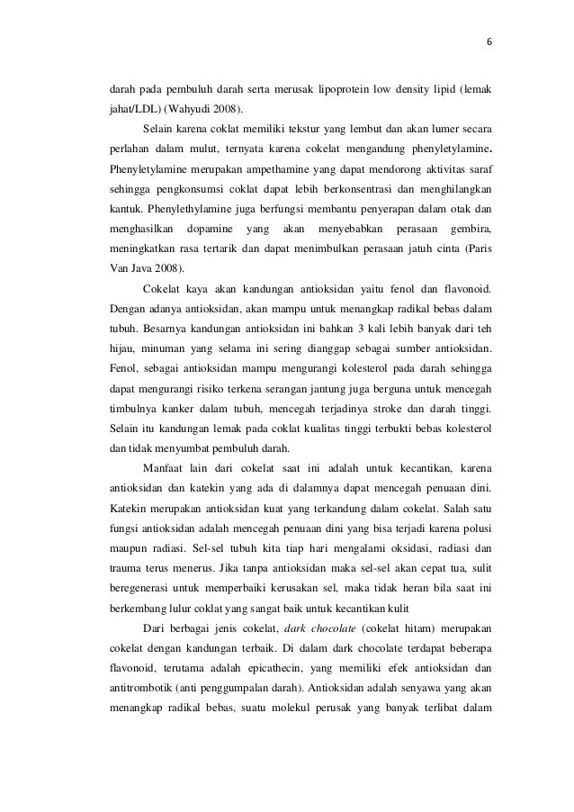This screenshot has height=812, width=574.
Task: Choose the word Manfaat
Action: click(x=163, y=467)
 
